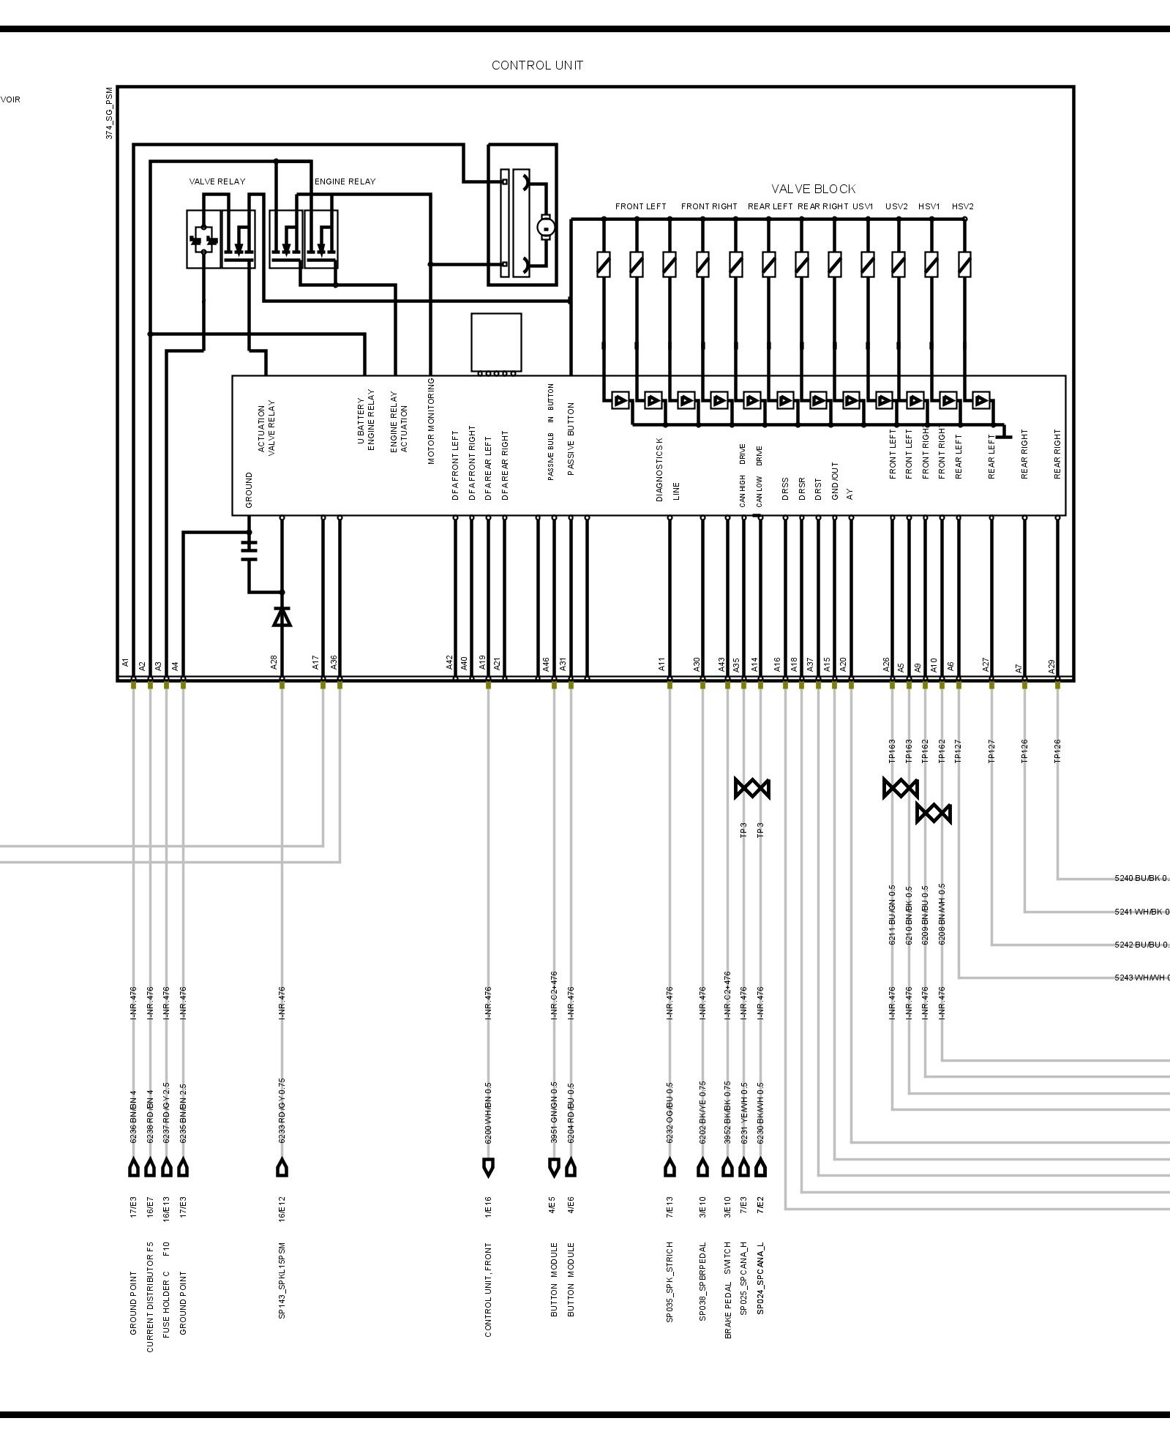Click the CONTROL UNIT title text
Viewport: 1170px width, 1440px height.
pos(537,65)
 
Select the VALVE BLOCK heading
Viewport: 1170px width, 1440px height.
pos(813,189)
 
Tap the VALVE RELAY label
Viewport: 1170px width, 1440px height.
pos(217,181)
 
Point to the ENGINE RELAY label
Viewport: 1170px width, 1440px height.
pos(345,181)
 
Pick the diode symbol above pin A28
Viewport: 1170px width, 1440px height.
pos(282,617)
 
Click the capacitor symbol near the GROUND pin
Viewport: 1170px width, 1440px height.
pos(250,550)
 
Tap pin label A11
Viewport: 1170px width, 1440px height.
pos(661,664)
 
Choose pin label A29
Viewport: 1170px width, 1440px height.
pos(1051,666)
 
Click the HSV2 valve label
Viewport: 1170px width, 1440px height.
pos(962,206)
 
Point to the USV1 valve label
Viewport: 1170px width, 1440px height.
pos(863,206)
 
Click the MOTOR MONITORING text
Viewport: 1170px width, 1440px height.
pos(432,421)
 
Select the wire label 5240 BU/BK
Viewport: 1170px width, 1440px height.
pos(1141,878)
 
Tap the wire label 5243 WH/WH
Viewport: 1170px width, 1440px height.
pos(1141,978)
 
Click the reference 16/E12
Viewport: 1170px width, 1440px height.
pos(282,1209)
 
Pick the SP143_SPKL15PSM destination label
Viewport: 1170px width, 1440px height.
pos(282,1280)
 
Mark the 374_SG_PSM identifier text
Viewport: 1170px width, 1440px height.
pos(109,113)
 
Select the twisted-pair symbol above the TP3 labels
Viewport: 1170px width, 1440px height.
pos(752,788)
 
